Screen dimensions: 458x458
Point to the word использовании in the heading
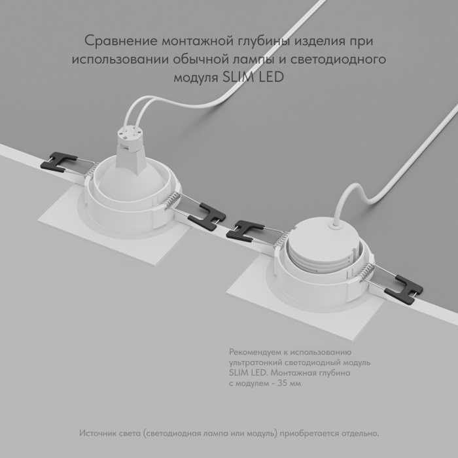tap(116, 59)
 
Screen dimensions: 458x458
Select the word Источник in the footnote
tap(99, 434)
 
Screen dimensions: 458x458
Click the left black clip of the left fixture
tap(57, 160)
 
